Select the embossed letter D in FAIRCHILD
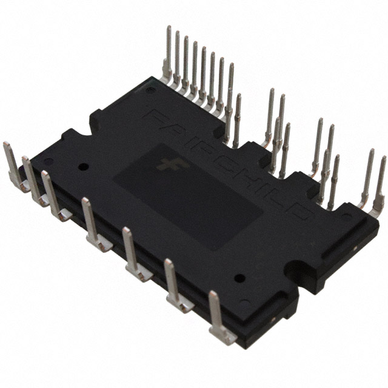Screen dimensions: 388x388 tap(304, 213)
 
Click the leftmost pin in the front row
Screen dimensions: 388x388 tap(12, 164)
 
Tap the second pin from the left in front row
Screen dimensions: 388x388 tap(30, 179)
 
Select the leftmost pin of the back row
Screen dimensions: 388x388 tap(168, 55)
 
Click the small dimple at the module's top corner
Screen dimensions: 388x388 tap(150, 90)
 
